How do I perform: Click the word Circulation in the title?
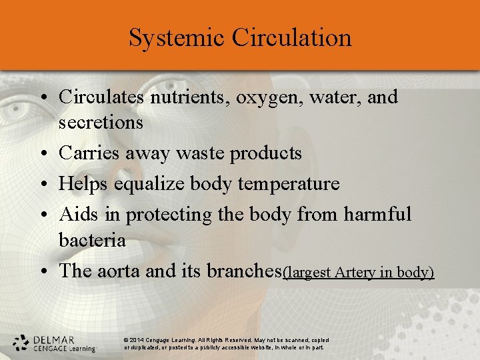[x=291, y=38]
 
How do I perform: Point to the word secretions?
[x=101, y=123]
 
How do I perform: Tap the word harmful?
[x=377, y=214]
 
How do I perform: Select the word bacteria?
[x=92, y=240]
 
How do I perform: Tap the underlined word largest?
[x=308, y=273]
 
